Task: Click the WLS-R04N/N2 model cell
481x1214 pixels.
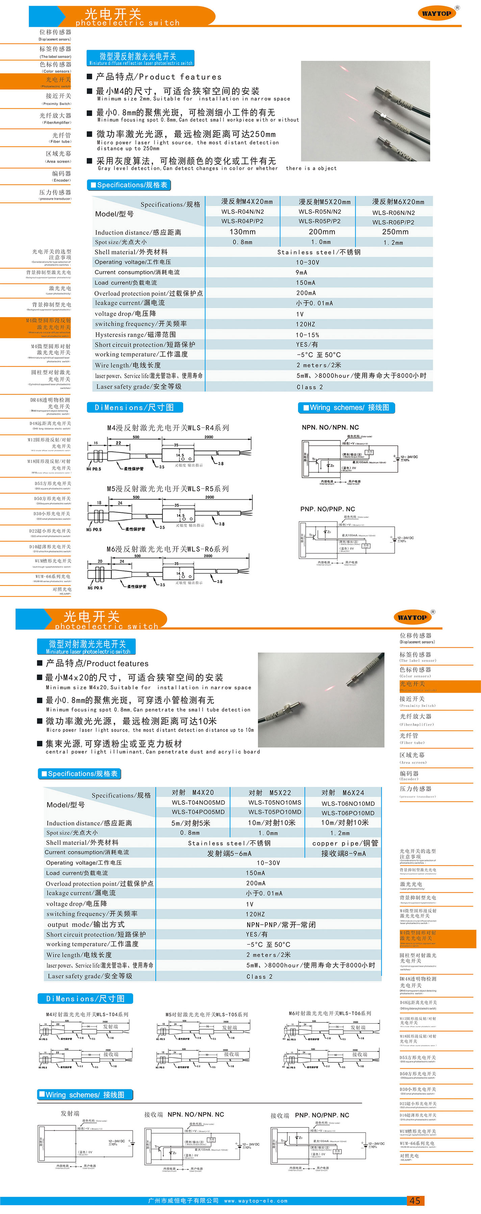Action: pos(243,212)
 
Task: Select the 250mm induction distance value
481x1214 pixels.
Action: pos(395,231)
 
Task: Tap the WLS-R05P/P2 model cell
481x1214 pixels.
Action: pos(320,221)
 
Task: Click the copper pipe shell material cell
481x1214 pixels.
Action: pos(345,843)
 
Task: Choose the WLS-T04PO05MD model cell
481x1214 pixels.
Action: pos(198,812)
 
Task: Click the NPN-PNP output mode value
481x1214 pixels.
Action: pos(281,925)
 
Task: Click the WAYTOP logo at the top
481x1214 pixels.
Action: pos(437,13)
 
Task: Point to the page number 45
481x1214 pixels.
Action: pos(414,1200)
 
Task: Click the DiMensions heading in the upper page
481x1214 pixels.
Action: pos(135,407)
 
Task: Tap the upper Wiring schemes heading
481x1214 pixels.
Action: pos(346,407)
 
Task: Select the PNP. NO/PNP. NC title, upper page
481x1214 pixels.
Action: pos(327,509)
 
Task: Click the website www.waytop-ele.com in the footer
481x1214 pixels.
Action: pos(255,1201)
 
